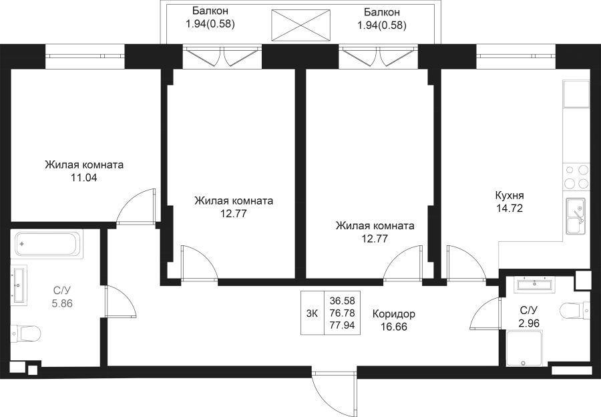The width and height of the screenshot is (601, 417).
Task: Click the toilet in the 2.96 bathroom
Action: click(x=576, y=311)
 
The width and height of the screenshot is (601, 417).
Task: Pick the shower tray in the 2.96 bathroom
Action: click(x=524, y=351)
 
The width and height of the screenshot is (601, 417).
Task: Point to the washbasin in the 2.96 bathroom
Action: click(x=535, y=285)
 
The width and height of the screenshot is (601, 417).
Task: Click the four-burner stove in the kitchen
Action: click(x=576, y=176)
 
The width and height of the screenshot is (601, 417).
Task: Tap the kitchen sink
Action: click(x=576, y=215)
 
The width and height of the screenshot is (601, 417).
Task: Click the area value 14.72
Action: click(x=509, y=208)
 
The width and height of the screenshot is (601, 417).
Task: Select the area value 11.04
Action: click(x=84, y=178)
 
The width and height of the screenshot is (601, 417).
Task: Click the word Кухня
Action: click(x=509, y=196)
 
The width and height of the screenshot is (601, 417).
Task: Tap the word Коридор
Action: click(x=393, y=314)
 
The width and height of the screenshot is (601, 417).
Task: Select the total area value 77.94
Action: click(x=342, y=325)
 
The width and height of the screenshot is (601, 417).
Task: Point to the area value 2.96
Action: click(x=529, y=322)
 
